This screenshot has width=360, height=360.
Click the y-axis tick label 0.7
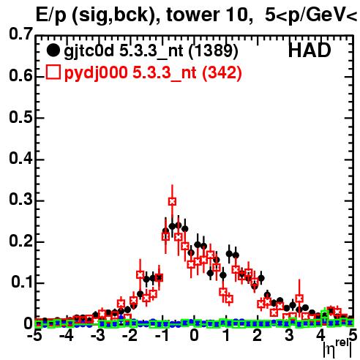tap(20, 34)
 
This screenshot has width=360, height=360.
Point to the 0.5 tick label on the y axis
tap(20, 117)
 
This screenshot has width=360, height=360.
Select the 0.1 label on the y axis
tap(22, 282)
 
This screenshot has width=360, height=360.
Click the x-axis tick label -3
tap(98, 335)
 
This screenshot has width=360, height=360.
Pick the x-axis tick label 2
tap(257, 335)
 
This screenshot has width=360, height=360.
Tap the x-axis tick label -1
tap(162, 335)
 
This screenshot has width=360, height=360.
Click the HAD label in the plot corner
tap(310, 50)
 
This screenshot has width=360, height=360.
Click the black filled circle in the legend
tap(53, 50)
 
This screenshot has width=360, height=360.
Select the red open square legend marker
tap(53, 72)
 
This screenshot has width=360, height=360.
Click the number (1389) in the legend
tap(214, 51)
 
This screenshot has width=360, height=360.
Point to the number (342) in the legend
tap(222, 73)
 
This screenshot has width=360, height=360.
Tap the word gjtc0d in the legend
tap(89, 52)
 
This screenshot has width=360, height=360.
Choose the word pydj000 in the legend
tap(96, 73)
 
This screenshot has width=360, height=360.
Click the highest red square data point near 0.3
tap(172, 201)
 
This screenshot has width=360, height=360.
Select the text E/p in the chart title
tap(51, 15)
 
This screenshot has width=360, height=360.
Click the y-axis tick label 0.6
tap(20, 75)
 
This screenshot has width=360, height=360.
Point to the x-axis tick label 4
tap(320, 335)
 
